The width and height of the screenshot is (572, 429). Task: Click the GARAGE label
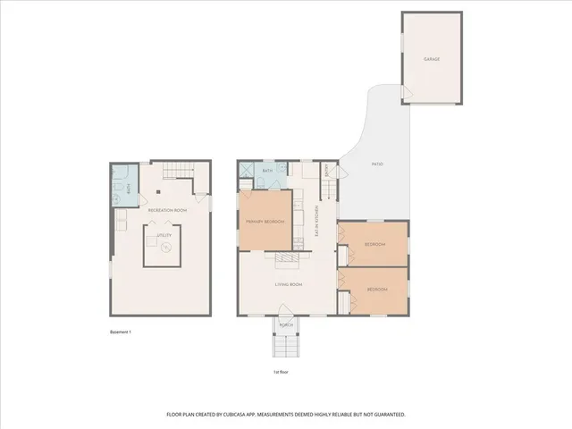click(432, 59)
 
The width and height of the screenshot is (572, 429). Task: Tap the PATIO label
click(379, 165)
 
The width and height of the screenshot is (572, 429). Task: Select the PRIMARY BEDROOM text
click(265, 221)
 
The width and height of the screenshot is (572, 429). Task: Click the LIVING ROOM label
click(288, 284)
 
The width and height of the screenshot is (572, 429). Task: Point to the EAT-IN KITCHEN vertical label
click(316, 221)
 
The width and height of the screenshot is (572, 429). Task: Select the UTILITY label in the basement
click(164, 236)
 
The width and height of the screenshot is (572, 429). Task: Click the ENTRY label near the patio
click(328, 170)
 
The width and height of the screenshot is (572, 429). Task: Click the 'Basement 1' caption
click(121, 332)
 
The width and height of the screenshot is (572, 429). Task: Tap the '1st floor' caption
click(282, 372)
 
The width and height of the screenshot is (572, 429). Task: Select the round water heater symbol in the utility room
click(164, 251)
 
